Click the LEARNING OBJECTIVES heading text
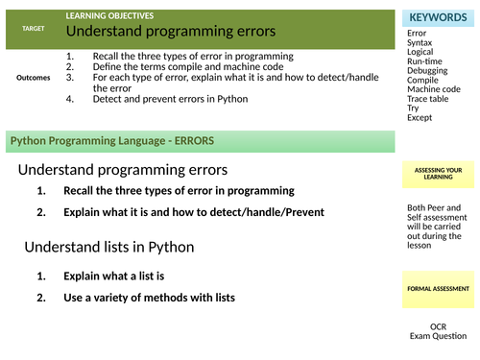(109, 16)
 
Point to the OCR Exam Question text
(438, 331)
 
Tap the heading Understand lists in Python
(109, 247)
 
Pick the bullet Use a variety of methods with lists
(149, 298)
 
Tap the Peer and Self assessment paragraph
(437, 227)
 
